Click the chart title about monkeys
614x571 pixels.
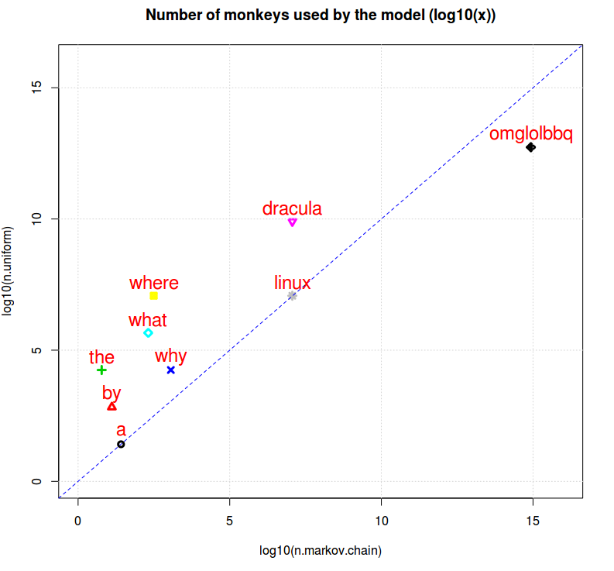321,15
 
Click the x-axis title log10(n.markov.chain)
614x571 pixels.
321,551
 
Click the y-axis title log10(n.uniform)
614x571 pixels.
9,271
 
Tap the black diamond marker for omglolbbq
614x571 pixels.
530,147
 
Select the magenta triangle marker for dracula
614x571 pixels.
292,222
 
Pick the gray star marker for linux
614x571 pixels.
292,295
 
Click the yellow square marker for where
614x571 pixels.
153,296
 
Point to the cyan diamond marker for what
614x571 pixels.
148,333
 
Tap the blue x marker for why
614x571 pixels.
170,370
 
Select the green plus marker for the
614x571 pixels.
101,370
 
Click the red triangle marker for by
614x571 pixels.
111,406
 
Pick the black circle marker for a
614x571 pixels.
121,444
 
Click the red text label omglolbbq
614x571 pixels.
531,134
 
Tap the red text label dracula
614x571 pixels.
292,208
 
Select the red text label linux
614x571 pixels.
293,283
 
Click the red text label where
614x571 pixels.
154,284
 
